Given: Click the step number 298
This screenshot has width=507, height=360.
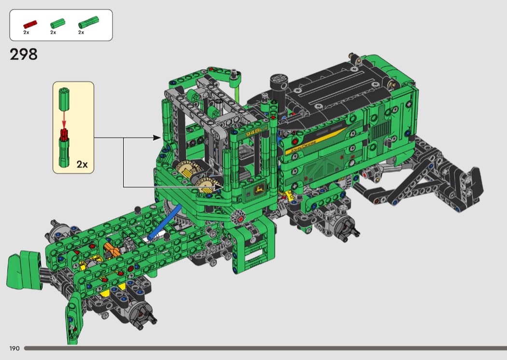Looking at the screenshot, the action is [24, 55].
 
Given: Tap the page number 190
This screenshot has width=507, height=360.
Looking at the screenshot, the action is [14, 348].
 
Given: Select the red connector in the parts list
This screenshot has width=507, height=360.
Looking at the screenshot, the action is [30, 24].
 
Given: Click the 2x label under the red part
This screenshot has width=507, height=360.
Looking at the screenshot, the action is [26, 32].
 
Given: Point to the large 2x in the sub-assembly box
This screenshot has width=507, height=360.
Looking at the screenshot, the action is [82, 164].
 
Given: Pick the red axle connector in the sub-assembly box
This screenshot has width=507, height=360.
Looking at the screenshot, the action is [64, 135].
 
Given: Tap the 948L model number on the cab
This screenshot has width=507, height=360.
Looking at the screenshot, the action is [254, 132].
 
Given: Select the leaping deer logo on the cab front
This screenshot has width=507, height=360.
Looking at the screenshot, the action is [259, 189].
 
